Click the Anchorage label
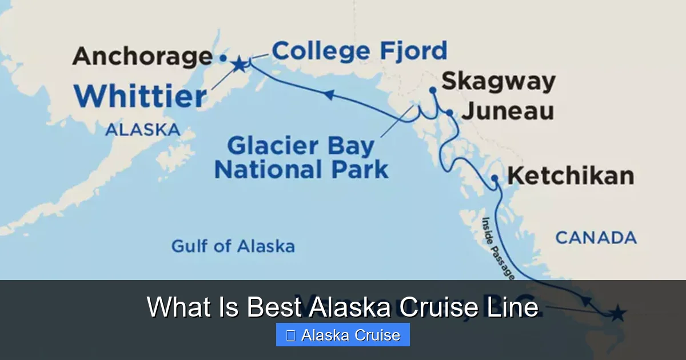point(142,57)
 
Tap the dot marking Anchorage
point(223,58)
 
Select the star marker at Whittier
point(239,64)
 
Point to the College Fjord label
point(359,51)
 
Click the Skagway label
point(498,82)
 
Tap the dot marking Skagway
point(433,90)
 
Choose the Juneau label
point(507,111)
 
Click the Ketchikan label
point(571,176)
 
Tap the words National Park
point(301,170)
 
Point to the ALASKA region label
point(142,130)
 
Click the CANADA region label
point(596,238)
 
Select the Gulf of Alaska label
point(233,246)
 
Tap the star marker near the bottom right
point(617,313)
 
